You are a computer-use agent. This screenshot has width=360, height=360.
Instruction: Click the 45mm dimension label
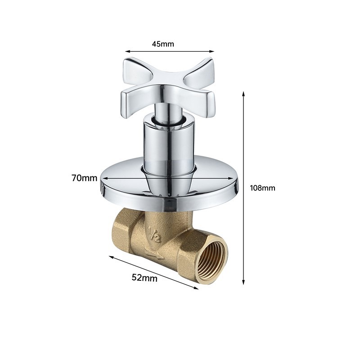pyautogui.click(x=163, y=44)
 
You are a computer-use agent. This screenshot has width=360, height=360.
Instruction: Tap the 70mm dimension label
pyautogui.click(x=85, y=178)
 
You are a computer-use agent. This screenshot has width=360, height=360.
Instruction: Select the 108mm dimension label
pyautogui.click(x=262, y=188)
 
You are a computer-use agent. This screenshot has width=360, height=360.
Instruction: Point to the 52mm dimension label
pyautogui.click(x=144, y=278)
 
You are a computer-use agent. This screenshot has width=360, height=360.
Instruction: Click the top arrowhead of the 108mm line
pyautogui.click(x=243, y=93)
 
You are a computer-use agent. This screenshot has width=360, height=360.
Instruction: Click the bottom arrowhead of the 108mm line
pyautogui.click(x=243, y=283)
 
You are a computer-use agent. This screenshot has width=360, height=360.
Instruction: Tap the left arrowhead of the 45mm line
pyautogui.click(x=127, y=52)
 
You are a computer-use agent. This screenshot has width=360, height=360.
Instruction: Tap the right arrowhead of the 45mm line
pyautogui.click(x=211, y=52)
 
